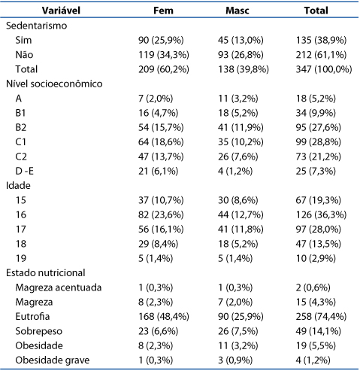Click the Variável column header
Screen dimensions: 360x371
[61, 11]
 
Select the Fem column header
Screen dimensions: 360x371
[163, 11]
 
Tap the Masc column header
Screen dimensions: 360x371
[237, 11]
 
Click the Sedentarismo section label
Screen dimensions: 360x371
[37, 26]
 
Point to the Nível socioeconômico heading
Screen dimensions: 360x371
[54, 84]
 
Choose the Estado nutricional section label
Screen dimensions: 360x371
[46, 273]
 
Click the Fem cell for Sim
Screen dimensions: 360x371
[161, 40]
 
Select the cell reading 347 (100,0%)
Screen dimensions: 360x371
[324, 69]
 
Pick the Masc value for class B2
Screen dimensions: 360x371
[241, 127]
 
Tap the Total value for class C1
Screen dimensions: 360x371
[319, 142]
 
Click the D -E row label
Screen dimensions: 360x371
[24, 171]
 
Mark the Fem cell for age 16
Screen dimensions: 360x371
[161, 214]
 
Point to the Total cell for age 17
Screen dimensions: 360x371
[319, 230]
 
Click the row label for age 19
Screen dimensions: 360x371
[21, 258]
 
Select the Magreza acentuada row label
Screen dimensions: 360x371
[59, 287]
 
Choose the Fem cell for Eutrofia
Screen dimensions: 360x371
[164, 317]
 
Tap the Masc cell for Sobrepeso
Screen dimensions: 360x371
[238, 331]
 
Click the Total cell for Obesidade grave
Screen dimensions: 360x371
[313, 360]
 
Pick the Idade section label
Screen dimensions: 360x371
[18, 186]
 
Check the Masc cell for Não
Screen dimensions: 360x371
[241, 55]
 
